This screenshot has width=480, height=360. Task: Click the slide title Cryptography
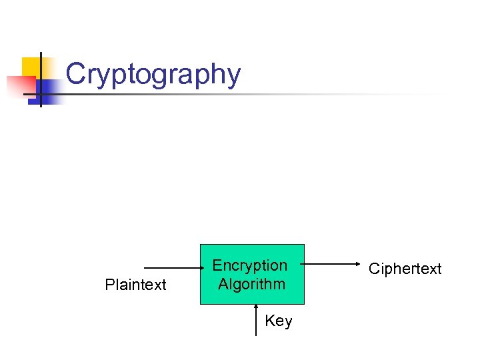[153, 74]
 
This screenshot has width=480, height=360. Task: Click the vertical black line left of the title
[41, 79]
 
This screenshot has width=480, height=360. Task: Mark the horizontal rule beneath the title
[267, 94]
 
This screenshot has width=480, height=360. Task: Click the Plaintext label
[135, 285]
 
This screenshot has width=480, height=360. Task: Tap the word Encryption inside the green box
[250, 265]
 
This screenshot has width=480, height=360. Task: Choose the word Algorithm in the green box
[251, 284]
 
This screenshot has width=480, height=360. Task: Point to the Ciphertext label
[405, 269]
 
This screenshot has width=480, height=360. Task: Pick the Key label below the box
[278, 321]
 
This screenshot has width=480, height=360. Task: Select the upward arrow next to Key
[257, 320]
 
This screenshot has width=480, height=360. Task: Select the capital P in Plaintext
[109, 285]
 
